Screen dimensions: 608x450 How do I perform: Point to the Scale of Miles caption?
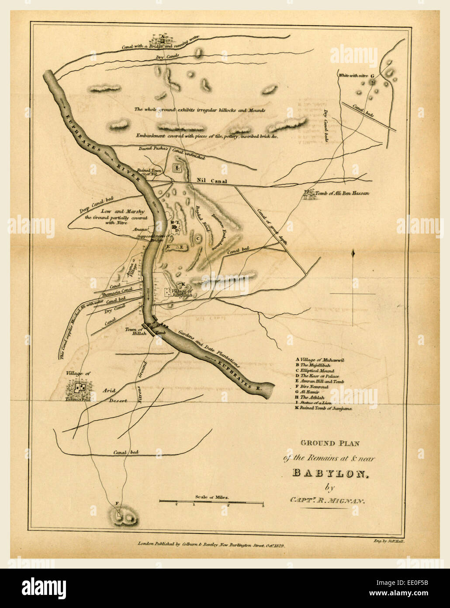(x=212, y=497)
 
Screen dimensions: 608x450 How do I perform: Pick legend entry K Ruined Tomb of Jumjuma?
(x=323, y=408)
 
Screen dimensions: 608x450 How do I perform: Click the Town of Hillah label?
(x=135, y=332)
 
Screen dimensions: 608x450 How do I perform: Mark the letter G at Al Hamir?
(x=372, y=76)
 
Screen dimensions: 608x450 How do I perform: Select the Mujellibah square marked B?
(x=177, y=168)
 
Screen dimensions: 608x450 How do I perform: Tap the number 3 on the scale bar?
(x=263, y=505)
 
